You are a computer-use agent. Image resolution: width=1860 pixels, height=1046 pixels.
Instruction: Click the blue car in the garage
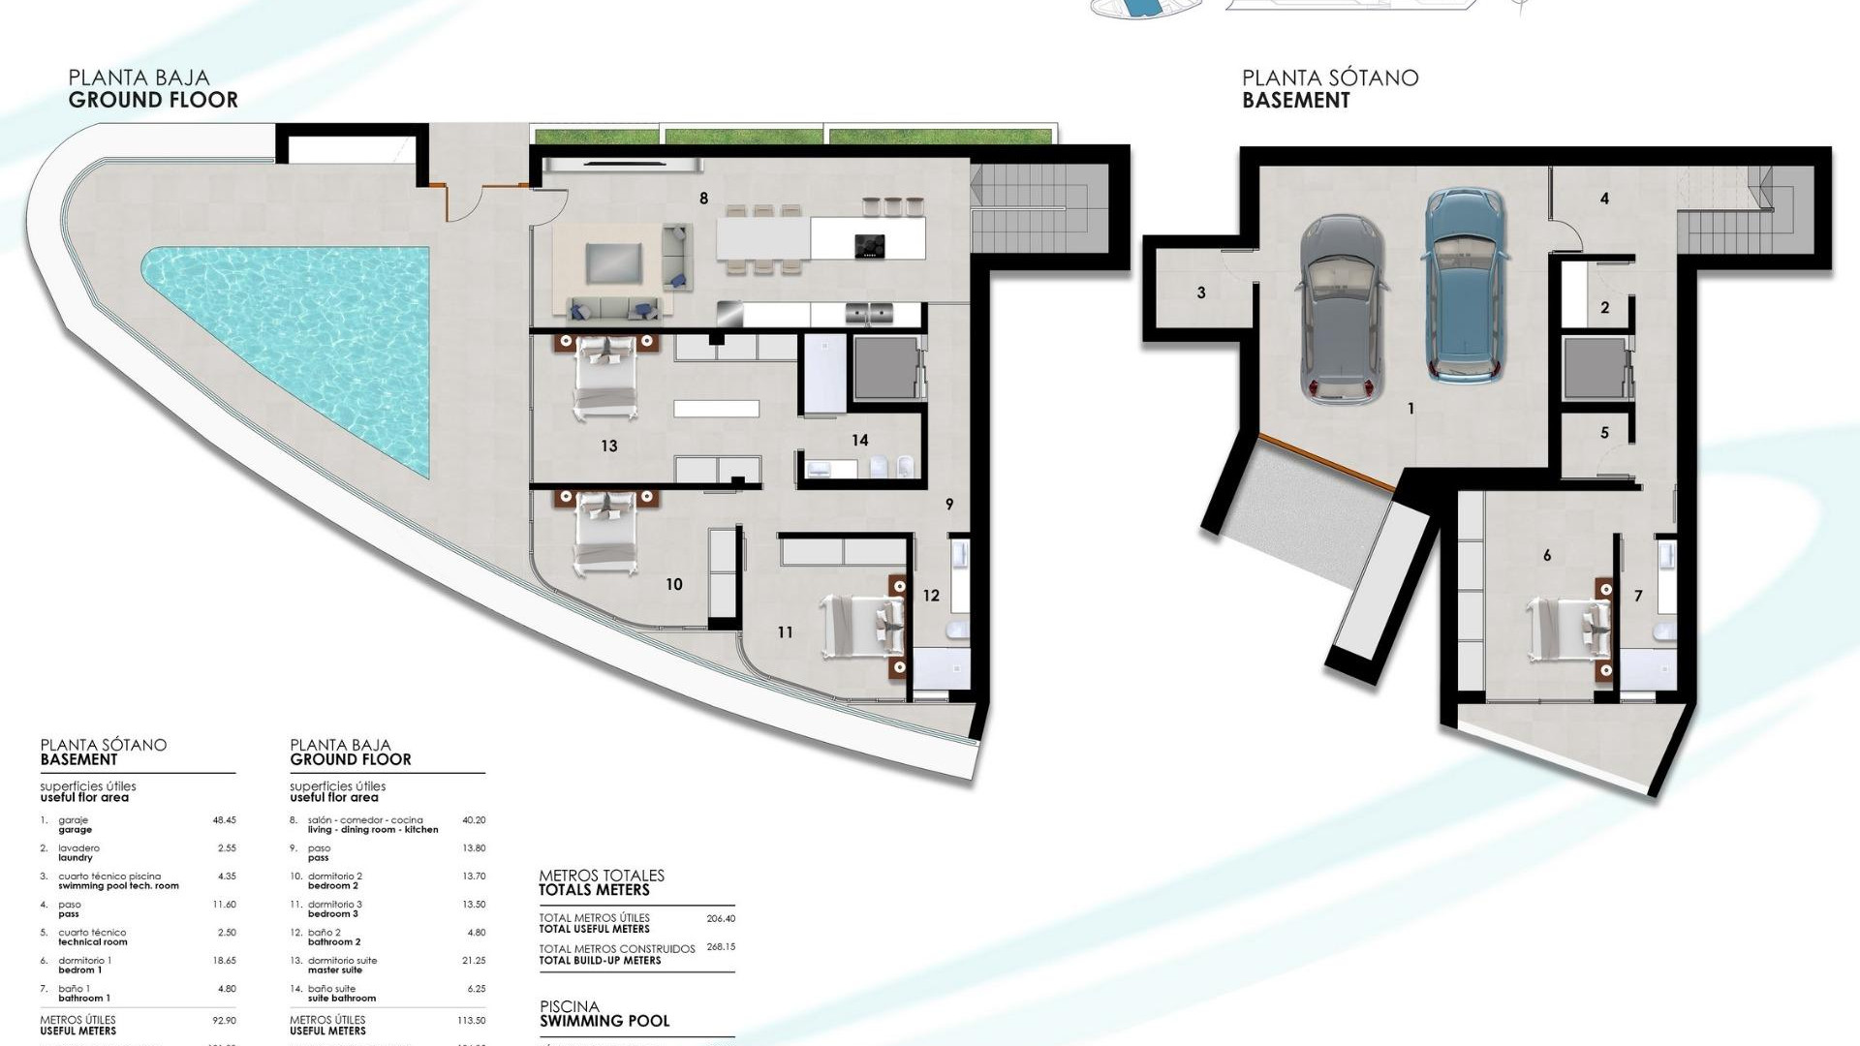[1463, 286]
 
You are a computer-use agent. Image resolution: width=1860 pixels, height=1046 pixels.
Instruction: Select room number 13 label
[608, 446]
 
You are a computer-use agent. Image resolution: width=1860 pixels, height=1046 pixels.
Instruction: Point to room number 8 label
[703, 199]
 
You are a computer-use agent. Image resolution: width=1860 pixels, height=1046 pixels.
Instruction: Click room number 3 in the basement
[1201, 292]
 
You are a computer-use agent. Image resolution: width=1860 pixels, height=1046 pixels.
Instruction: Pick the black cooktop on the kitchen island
[869, 246]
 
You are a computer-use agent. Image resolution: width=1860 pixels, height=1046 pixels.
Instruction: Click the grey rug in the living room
[613, 262]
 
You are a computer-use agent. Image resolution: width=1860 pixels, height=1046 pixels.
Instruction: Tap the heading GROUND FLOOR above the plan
[153, 100]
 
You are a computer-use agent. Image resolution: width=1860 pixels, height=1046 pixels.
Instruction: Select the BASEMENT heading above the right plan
[1295, 100]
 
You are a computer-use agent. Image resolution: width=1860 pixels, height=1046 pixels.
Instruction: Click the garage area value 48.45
[224, 820]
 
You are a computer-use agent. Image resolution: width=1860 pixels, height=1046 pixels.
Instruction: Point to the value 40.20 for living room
[474, 820]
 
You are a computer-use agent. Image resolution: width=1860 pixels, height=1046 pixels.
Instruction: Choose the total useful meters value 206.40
[721, 918]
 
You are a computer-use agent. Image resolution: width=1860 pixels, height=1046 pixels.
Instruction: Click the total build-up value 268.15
[721, 947]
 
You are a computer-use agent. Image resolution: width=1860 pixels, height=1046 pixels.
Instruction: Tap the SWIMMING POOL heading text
[604, 1021]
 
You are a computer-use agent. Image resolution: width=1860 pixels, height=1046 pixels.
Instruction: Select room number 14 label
[859, 441]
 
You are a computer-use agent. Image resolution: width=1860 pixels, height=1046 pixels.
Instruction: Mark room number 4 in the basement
[1604, 199]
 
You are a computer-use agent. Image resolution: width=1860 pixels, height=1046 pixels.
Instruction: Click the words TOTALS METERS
[594, 890]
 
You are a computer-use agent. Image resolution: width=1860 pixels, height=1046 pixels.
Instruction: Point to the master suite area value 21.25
[474, 961]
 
